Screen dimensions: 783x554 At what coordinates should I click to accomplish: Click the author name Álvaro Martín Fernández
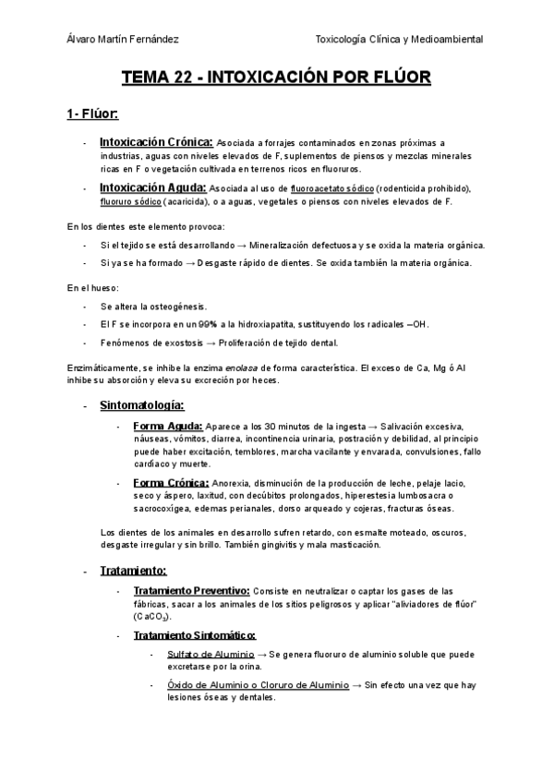[x=124, y=39]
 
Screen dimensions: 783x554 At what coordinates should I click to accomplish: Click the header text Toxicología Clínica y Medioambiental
[x=399, y=39]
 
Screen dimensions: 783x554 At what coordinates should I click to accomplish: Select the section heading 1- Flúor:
[x=92, y=114]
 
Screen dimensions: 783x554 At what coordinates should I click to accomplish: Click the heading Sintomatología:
[x=141, y=404]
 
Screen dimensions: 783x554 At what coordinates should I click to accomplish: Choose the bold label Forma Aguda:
[x=167, y=426]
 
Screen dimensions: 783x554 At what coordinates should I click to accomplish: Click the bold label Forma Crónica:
[x=171, y=483]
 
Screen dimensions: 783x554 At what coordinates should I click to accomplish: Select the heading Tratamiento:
[x=133, y=570]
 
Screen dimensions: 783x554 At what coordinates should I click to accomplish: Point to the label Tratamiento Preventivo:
[x=191, y=590]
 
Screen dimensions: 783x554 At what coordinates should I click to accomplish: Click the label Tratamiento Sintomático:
[x=194, y=634]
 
